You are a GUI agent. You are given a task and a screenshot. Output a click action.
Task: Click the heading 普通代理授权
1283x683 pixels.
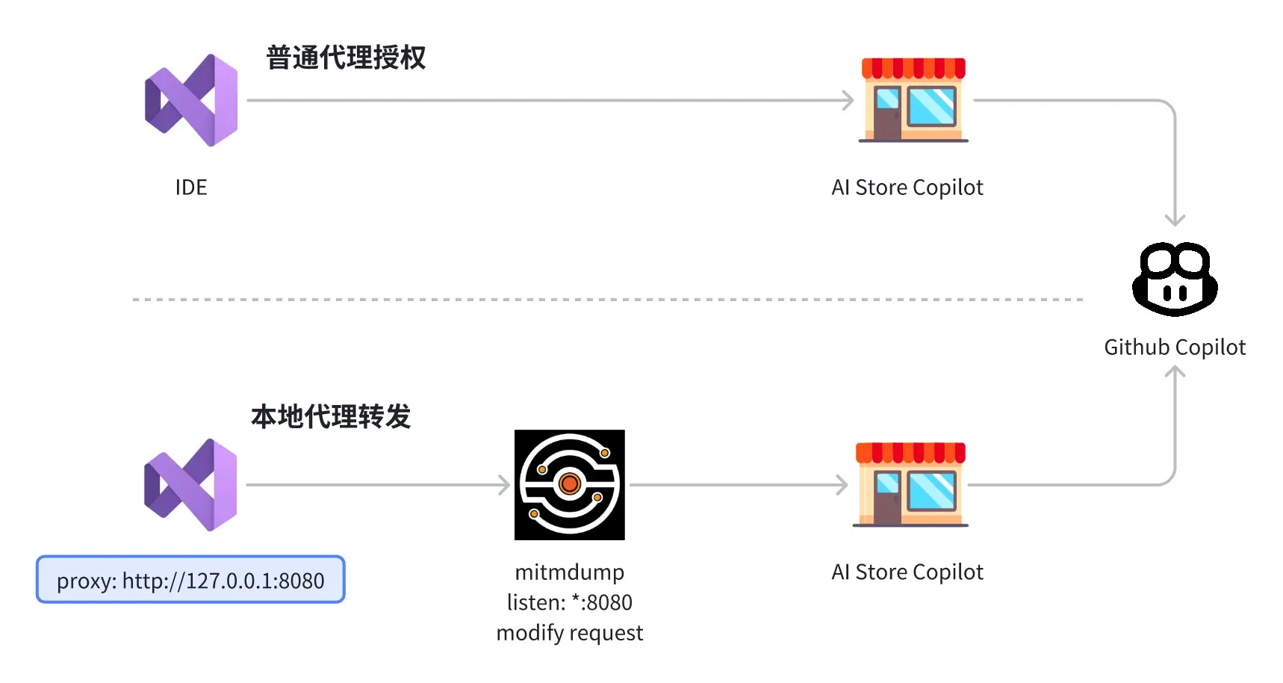tap(346, 58)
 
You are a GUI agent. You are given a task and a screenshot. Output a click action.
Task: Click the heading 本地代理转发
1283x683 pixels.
tap(331, 416)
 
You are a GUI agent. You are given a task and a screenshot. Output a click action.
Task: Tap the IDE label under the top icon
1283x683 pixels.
tap(191, 187)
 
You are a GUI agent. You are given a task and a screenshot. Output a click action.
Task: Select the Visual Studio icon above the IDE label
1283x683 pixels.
tap(192, 100)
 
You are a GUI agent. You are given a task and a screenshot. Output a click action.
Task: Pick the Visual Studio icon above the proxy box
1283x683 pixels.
tap(191, 485)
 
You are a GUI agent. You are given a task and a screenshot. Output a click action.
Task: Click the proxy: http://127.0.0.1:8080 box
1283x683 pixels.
tap(190, 580)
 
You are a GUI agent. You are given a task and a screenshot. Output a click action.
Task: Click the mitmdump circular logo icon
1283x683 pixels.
tap(570, 485)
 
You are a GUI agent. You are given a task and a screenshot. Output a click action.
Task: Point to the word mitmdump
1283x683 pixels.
tap(570, 572)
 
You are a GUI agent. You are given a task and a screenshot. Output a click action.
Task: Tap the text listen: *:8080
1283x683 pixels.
tap(570, 602)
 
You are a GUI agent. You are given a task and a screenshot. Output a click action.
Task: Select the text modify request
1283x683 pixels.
tap(570, 633)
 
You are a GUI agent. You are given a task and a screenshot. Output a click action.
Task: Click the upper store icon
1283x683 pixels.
tap(913, 100)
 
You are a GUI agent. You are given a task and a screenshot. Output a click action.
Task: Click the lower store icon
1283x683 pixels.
tap(910, 485)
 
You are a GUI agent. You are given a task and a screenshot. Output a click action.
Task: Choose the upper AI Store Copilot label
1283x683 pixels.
tap(907, 187)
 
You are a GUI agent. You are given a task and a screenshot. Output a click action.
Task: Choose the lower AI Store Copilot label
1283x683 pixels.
tap(907, 572)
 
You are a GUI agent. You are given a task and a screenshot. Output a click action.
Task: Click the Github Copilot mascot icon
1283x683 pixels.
tap(1175, 279)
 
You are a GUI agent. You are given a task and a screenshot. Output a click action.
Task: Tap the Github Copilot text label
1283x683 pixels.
tap(1175, 347)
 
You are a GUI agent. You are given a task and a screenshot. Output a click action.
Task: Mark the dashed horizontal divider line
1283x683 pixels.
tap(608, 299)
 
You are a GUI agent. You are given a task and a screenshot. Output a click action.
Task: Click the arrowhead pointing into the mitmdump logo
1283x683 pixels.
tap(505, 485)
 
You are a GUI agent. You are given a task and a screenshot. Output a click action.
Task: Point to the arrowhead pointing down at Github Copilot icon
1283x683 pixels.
tap(1175, 220)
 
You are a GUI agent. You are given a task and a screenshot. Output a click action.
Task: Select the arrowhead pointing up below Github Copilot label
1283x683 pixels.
tap(1175, 372)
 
